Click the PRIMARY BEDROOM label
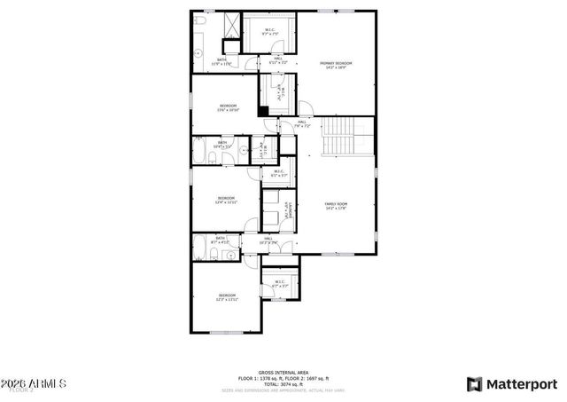[x=336, y=65]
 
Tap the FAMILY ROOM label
[x=335, y=206]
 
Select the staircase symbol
[x=338, y=135]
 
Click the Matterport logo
[x=513, y=383]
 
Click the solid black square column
[x=263, y=110]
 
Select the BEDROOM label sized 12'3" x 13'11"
[x=228, y=297]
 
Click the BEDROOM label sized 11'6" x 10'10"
[x=228, y=107]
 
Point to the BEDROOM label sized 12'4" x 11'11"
[x=227, y=201]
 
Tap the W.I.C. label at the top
[x=270, y=32]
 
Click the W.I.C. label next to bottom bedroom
[x=280, y=284]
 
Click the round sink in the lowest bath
[x=231, y=255]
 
